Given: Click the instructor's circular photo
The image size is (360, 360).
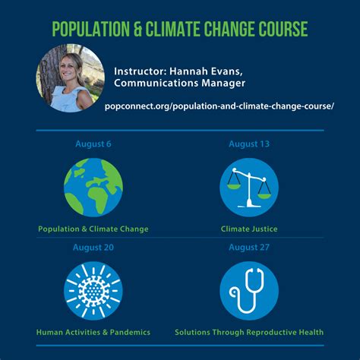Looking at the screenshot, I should point(71,77).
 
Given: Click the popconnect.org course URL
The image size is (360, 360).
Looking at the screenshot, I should point(219,106).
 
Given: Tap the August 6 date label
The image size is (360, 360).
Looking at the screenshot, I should point(93,144).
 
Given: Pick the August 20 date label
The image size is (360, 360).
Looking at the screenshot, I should point(93,247).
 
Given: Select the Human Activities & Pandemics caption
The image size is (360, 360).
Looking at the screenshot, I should point(93,332).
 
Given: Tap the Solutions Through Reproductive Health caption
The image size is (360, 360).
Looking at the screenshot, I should point(248,332).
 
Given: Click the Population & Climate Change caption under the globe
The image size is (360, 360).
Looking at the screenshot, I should point(93,228).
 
